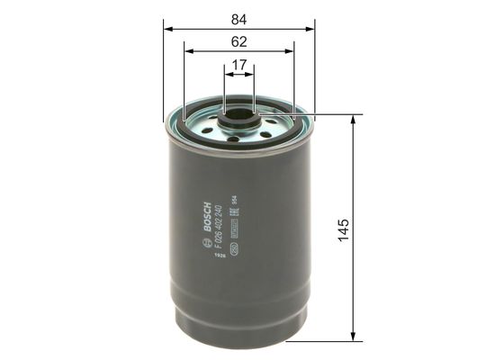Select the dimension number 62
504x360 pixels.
coord(239,40)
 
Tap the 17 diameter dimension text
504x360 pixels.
coord(239,66)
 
